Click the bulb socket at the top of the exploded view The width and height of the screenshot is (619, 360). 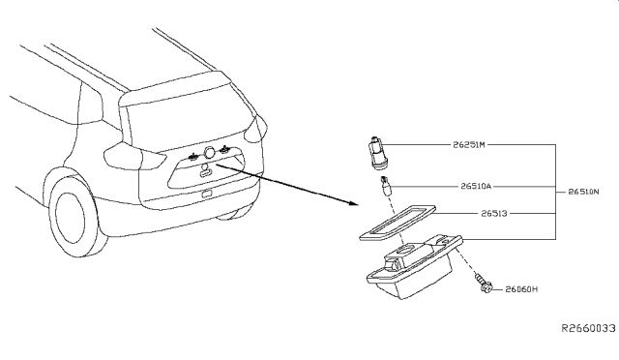[x=374, y=152]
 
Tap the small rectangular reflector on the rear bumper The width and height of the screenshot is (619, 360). [x=205, y=194]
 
